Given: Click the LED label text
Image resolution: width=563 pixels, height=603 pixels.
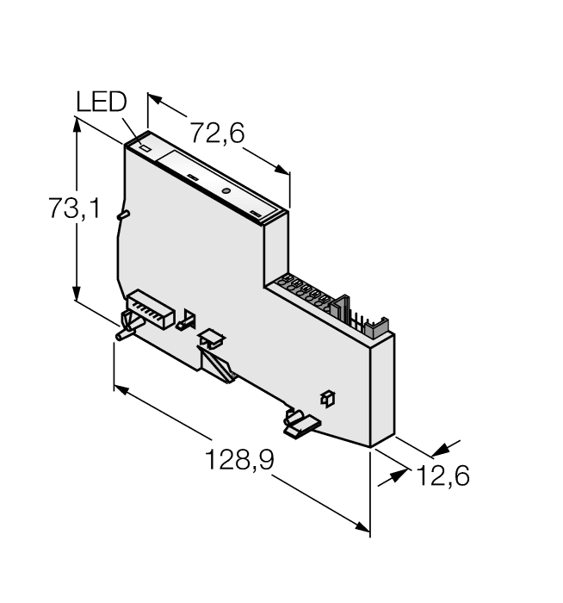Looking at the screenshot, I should pos(101,103).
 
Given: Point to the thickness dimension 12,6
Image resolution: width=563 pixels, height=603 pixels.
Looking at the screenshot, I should pos(444,476).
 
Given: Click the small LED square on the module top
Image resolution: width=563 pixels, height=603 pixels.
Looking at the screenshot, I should pos(145,148).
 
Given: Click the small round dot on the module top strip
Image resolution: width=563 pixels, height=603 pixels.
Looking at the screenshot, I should pos(226,190).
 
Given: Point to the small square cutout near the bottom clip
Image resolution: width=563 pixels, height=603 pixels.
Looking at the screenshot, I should pos(327,397).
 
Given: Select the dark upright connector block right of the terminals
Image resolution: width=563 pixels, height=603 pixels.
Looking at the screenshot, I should pos(343,310).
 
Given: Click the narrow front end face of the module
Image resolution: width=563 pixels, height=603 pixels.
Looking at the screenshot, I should pos(382,392).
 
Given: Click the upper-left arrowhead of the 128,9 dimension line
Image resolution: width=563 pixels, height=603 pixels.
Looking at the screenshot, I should pos(121,389).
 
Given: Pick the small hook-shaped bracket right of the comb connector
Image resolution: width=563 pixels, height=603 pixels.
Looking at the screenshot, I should pos(183,321).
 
